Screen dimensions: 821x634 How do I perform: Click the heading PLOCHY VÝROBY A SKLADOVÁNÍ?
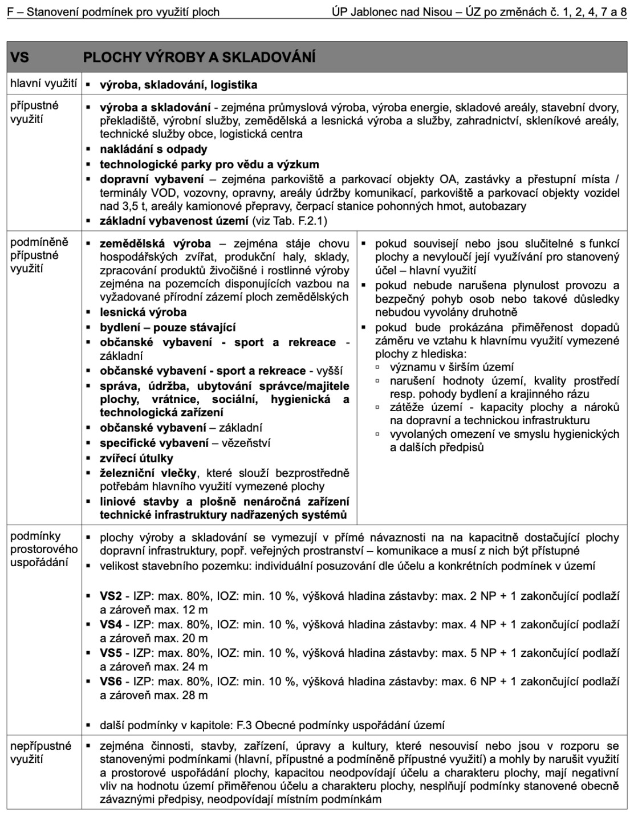click(x=199, y=58)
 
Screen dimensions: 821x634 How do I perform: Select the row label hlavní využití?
click(x=43, y=84)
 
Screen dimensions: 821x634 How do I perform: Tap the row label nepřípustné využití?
click(x=40, y=752)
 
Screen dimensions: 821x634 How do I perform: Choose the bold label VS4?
click(x=111, y=624)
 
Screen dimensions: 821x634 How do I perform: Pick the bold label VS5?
click(x=111, y=653)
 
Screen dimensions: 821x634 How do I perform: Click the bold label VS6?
click(x=111, y=681)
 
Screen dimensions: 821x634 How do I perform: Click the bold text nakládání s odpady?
click(x=153, y=149)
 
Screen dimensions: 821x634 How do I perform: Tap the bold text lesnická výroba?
click(x=143, y=312)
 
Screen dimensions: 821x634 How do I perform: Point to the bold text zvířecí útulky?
click(x=136, y=458)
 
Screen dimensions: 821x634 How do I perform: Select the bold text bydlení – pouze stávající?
click(x=168, y=327)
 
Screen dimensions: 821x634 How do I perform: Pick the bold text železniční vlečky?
click(x=148, y=473)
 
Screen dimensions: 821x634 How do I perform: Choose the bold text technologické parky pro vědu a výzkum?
click(x=209, y=165)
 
